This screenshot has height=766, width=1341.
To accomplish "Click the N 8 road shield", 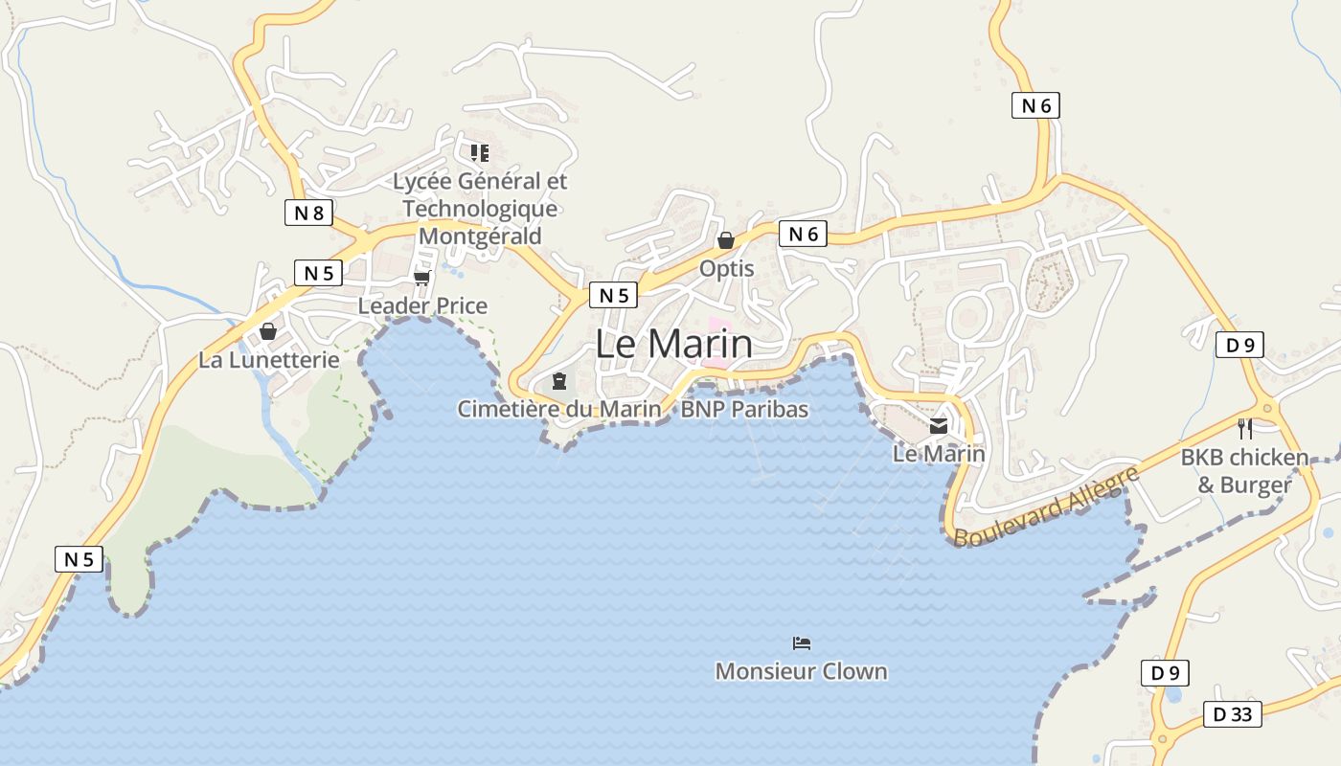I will [x=308, y=213].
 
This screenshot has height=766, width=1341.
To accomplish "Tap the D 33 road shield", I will [x=1233, y=714].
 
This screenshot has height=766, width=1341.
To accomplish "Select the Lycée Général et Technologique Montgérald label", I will [x=480, y=209].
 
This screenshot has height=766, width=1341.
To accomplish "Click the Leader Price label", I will [x=422, y=306].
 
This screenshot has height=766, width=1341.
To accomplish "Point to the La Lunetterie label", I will [x=268, y=360].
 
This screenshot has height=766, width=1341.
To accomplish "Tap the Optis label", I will [x=726, y=269].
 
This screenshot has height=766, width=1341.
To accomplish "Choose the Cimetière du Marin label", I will [x=558, y=410].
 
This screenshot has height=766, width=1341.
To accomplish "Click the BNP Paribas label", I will [x=744, y=410].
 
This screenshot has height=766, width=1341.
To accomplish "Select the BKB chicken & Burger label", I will [x=1244, y=471].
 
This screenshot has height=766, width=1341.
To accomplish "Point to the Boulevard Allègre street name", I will [x=1046, y=507].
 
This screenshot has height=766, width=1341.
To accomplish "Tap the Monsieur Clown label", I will [x=801, y=671].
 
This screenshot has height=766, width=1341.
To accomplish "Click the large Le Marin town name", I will [x=673, y=345].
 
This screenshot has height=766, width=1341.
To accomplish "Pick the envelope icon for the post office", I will [x=939, y=427].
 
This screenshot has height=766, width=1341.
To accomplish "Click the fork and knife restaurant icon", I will [x=1244, y=428].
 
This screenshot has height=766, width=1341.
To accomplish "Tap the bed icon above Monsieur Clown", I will [x=802, y=642].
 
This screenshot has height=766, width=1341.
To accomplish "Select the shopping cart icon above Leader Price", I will [x=422, y=278].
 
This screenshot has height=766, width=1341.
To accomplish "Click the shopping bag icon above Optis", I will [x=726, y=240].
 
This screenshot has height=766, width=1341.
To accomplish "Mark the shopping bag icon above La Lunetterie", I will [x=268, y=331].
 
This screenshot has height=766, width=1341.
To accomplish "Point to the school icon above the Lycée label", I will [x=480, y=152].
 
